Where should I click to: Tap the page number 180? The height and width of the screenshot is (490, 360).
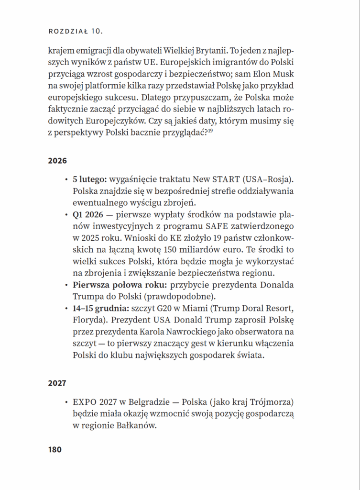[55, 450]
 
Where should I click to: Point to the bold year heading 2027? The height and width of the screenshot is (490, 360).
[57, 383]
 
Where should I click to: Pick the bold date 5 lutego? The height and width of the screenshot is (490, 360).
[89, 180]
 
